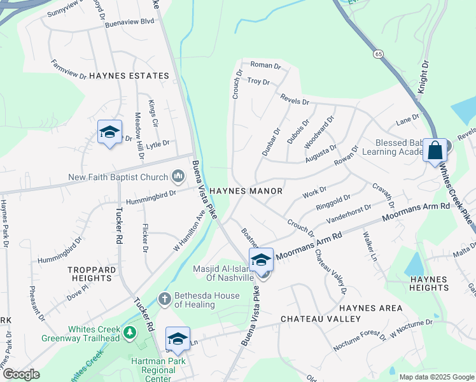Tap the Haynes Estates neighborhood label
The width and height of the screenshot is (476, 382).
(129, 76)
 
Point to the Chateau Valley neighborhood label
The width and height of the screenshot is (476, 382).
(321, 318)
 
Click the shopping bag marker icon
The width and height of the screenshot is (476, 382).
(435, 151)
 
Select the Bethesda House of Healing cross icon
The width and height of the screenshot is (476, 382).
(164, 298)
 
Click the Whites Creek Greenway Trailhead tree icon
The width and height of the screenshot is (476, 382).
(130, 333)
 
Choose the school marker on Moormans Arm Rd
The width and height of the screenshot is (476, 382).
(261, 260)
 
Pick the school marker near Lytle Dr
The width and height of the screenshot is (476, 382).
(109, 132)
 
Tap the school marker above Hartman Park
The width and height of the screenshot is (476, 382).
(178, 338)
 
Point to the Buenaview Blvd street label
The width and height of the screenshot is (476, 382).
(130, 21)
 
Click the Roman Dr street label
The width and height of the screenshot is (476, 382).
(265, 66)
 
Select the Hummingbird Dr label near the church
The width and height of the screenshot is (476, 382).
(151, 194)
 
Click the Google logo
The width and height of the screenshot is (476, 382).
(21, 374)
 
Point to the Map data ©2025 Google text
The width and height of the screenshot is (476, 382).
(436, 377)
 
